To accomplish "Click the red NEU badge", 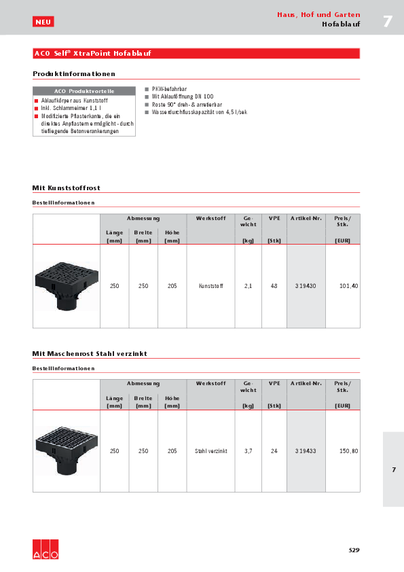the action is tap(43, 22).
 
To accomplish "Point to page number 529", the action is tap(354, 550).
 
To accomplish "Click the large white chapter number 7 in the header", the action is tap(388, 21).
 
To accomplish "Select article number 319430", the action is tap(306, 286).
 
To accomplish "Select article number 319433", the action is tap(306, 451).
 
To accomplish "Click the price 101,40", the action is tap(348, 286).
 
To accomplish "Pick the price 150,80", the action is tap(348, 451).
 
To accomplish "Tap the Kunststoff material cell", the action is tap(210, 286).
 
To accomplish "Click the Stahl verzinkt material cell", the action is tap(210, 451).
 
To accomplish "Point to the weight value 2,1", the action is tap(248, 286).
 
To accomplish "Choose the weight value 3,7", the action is tap(248, 451).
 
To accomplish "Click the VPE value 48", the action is tap(274, 286).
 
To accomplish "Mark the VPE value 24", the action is tap(274, 451).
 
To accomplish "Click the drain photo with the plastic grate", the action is tap(66, 285).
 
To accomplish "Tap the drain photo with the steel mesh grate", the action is tap(66, 450).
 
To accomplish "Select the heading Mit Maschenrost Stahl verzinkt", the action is tap(90, 354).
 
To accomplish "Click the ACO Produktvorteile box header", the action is tap(84, 90).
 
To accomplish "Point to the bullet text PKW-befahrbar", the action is tap(169, 89).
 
